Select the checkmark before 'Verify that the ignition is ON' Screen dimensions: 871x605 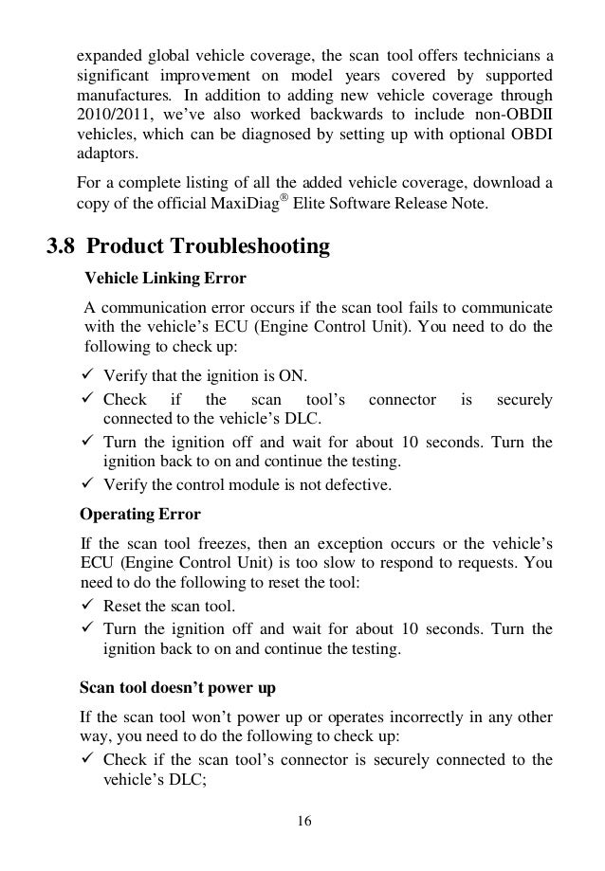89,374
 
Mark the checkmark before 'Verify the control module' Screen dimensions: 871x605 89,486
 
